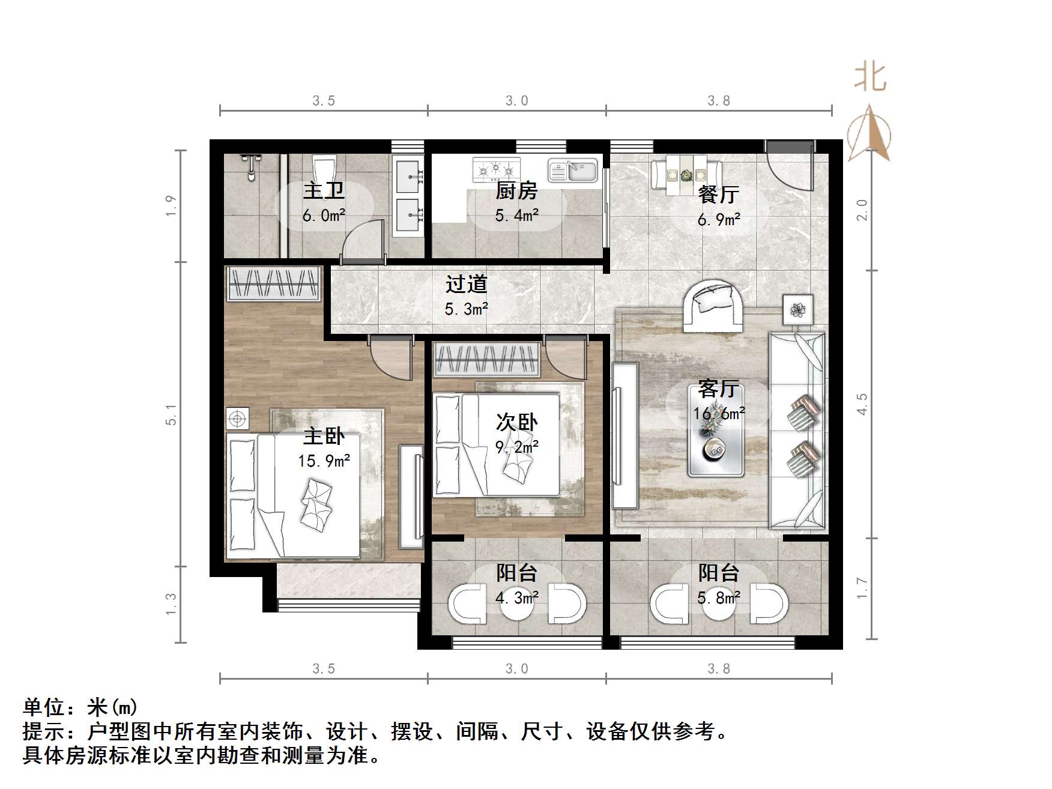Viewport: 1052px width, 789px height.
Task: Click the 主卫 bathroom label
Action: (324, 191)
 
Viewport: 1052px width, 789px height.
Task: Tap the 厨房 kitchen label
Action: (516, 191)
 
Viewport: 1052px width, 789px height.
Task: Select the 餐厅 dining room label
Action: (718, 194)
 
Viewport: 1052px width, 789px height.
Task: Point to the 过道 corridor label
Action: (466, 284)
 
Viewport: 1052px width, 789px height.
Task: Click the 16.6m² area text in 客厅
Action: (719, 413)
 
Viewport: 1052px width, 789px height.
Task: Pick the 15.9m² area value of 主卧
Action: (324, 461)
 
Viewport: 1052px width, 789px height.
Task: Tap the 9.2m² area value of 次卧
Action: (516, 447)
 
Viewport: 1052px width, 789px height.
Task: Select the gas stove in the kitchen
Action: (496, 170)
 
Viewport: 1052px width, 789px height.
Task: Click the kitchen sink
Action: (573, 171)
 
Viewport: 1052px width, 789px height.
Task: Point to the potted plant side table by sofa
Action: (798, 310)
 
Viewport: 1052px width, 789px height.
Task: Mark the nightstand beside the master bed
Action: (237, 419)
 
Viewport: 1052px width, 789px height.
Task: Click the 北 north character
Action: (870, 78)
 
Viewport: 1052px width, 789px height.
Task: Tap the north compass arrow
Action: (869, 134)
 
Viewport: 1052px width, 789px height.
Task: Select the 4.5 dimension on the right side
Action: (862, 404)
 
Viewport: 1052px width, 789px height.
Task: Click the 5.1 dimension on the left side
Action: (172, 415)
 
